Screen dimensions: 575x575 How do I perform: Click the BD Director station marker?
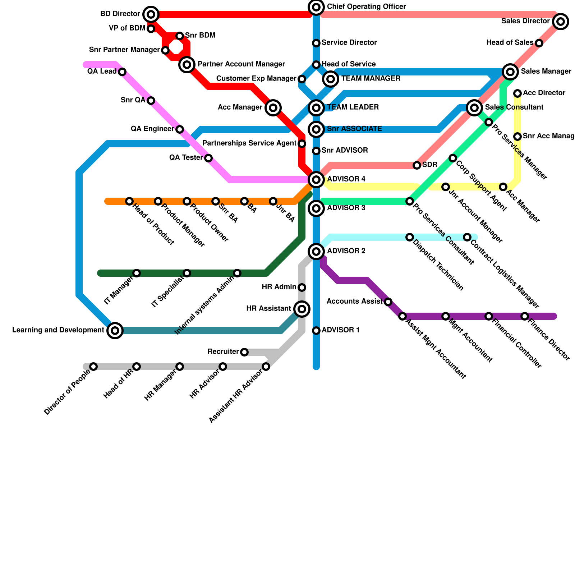(x=151, y=14)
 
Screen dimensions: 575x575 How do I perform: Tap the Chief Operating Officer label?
(x=366, y=7)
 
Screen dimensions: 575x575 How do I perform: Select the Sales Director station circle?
(x=561, y=22)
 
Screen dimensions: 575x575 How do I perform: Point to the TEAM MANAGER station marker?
(x=331, y=78)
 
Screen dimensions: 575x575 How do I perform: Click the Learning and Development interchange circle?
(x=115, y=330)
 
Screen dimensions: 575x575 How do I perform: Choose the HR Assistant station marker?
(x=302, y=309)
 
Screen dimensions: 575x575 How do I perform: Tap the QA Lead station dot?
(x=122, y=72)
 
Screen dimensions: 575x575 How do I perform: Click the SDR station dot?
(x=417, y=165)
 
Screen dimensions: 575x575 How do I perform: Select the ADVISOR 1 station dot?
(x=316, y=331)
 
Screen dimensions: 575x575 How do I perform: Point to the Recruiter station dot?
(x=244, y=352)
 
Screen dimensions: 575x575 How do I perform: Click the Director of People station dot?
(x=93, y=367)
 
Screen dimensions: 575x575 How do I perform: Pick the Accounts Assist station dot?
(x=388, y=302)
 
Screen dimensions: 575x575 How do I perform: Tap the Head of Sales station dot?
(x=539, y=43)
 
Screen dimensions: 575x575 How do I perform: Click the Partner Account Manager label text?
(x=241, y=64)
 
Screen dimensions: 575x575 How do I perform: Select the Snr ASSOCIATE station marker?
(x=316, y=129)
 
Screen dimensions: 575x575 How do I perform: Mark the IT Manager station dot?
(x=137, y=273)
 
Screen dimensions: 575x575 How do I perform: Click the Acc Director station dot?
(x=517, y=93)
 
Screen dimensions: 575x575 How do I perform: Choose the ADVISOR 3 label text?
(x=346, y=208)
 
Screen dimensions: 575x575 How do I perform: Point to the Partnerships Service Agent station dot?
(x=302, y=144)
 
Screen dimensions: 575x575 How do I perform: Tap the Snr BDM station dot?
(x=180, y=36)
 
